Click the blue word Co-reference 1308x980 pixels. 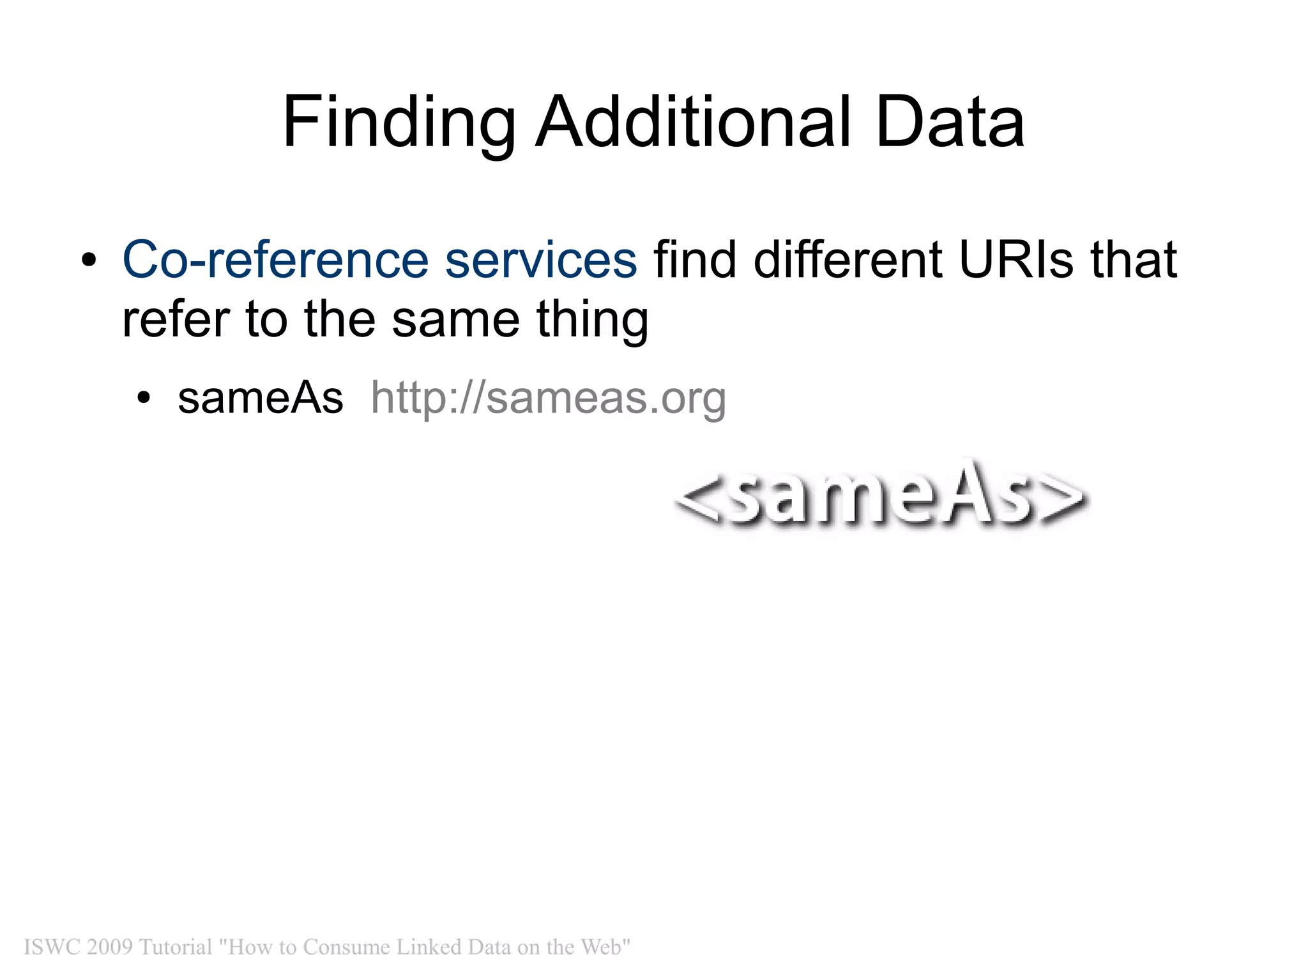[275, 260]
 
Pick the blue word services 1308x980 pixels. [540, 260]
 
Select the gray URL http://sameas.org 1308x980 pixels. [548, 398]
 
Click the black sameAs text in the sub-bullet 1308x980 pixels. [260, 398]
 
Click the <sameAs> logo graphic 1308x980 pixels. [881, 495]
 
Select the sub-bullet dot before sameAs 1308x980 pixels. [144, 398]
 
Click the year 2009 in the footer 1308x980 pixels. [109, 947]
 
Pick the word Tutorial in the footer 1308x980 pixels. [175, 947]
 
